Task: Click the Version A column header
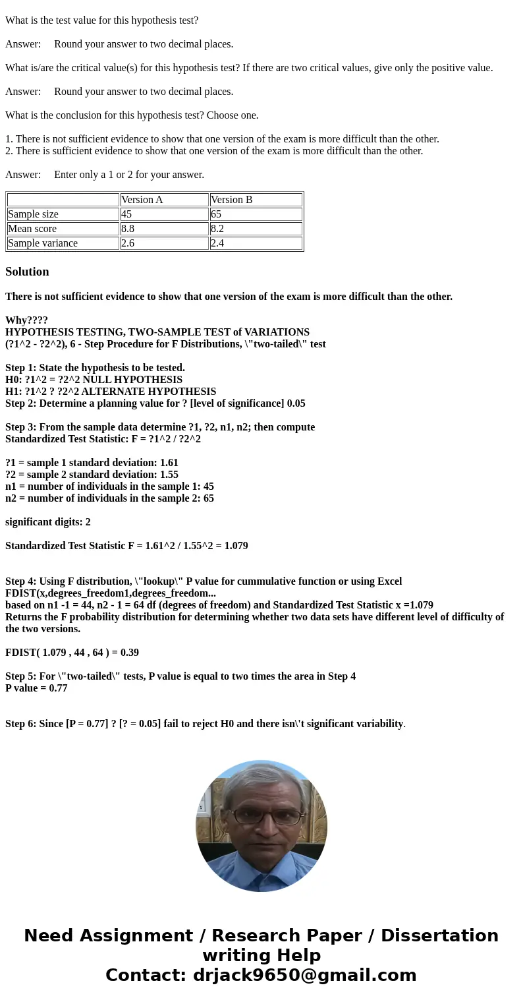click(x=142, y=200)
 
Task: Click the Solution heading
click(x=27, y=272)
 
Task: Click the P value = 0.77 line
click(x=36, y=688)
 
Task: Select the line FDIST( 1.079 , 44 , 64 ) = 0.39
click(x=72, y=653)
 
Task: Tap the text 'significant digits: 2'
click(x=48, y=522)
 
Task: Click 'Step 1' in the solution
click(x=21, y=368)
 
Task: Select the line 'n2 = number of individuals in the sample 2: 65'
click(x=109, y=498)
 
